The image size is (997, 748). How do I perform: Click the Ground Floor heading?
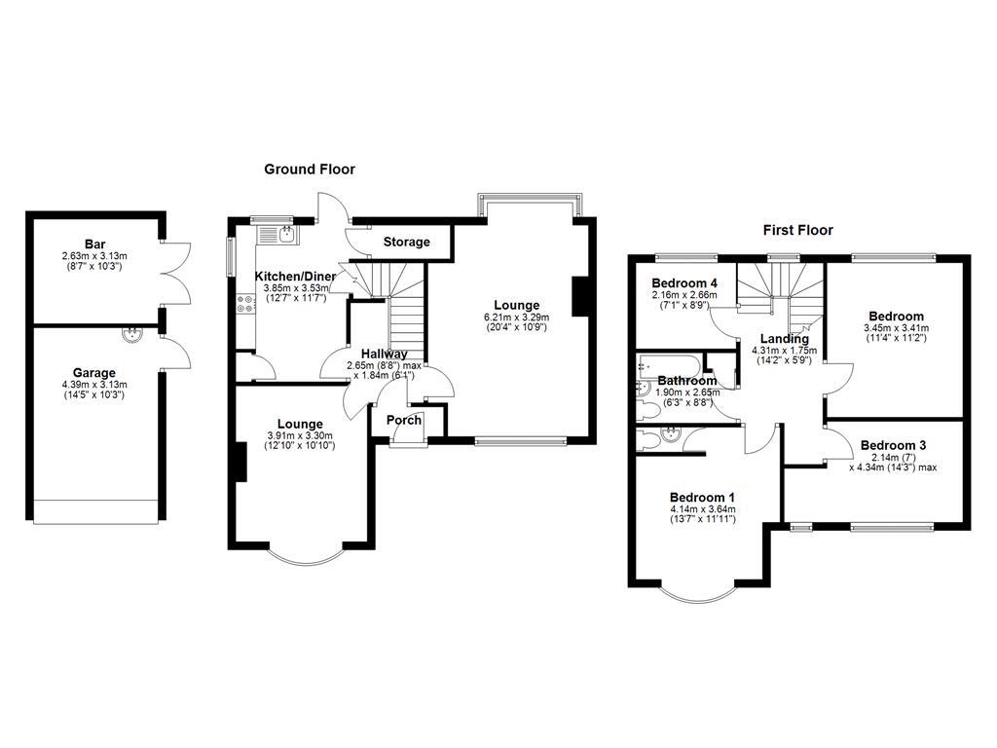[310, 169]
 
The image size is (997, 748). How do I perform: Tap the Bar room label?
[94, 244]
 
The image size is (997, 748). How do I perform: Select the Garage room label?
[94, 372]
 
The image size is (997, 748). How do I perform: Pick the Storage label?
[406, 242]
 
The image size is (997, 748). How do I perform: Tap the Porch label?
[404, 421]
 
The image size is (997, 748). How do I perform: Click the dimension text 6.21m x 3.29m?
[516, 317]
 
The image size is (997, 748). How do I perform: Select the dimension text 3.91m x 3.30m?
[299, 435]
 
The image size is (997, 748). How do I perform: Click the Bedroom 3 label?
[893, 445]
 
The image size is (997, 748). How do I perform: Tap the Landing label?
[785, 339]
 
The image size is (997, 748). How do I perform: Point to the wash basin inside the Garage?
[131, 335]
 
